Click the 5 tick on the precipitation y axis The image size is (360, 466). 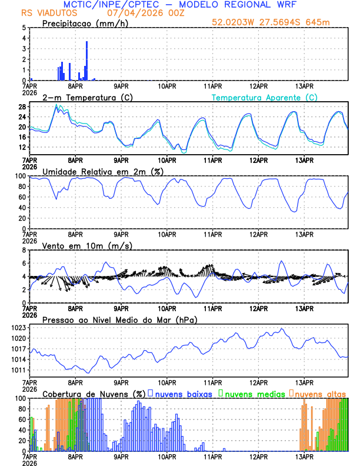24,28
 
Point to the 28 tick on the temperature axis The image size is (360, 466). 22,106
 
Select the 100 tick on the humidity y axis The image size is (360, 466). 20,176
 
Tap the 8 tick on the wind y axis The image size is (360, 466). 24,250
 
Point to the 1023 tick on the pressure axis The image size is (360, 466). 18,328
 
